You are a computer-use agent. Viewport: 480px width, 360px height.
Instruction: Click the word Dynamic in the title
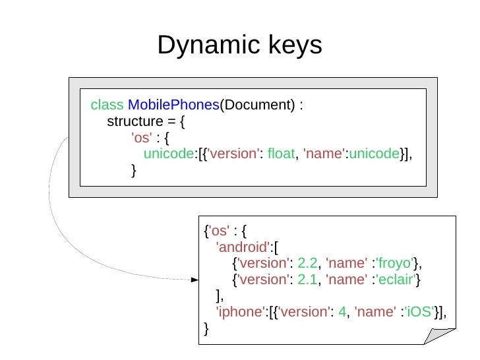point(202,45)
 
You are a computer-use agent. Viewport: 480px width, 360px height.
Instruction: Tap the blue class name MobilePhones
point(173,105)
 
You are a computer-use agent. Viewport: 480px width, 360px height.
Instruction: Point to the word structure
point(134,122)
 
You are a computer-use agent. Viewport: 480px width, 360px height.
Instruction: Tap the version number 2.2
point(307,264)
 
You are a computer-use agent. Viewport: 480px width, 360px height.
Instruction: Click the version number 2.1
point(307,280)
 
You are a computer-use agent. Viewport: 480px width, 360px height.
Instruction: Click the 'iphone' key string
point(240,312)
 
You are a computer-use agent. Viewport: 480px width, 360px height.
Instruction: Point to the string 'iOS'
point(420,312)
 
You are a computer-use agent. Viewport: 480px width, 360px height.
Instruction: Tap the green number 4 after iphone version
point(342,312)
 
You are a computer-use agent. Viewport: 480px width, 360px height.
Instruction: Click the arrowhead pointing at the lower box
point(195,280)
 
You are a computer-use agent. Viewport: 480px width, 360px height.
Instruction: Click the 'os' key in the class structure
point(142,138)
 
